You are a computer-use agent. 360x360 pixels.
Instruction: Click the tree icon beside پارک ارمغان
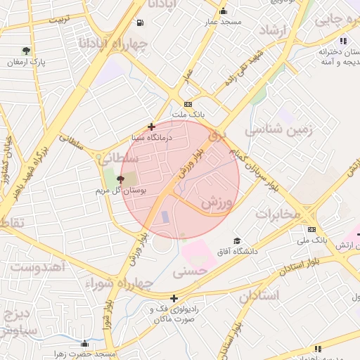[27, 51]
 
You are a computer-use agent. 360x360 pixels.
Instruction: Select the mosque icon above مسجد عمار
[224, 11]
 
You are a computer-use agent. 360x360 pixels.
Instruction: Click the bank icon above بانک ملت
[188, 103]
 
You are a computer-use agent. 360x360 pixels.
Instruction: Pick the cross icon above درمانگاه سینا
[151, 127]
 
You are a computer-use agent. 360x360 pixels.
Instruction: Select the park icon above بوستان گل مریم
[120, 180]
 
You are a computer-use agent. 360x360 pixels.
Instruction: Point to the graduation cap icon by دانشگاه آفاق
[237, 240]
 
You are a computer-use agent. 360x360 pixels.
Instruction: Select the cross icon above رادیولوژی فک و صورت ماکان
[174, 299]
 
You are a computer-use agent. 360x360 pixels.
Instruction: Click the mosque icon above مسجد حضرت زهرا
[85, 344]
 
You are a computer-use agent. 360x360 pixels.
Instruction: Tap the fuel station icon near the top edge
[141, 22]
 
